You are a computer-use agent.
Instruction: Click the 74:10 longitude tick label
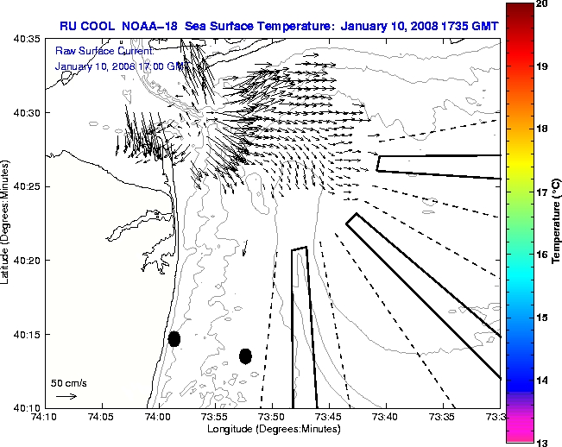[45, 418]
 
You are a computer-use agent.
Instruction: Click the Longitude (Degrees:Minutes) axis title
[272, 429]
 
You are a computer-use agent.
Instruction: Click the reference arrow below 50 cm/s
[66, 396]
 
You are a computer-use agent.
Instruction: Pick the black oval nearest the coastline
[174, 338]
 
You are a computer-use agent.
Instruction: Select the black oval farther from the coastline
[246, 356]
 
